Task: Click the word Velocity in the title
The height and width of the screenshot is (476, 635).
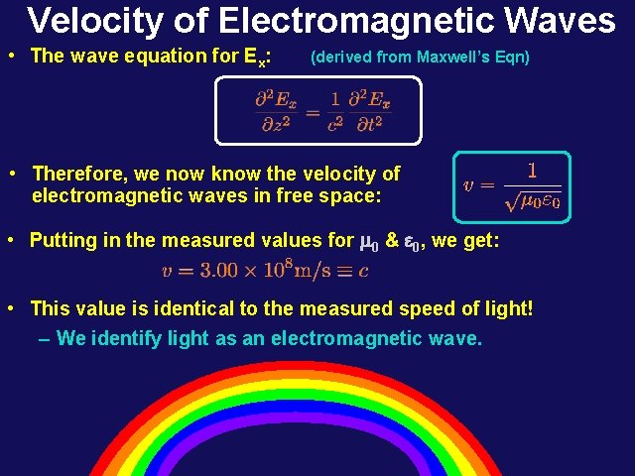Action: [x=87, y=20]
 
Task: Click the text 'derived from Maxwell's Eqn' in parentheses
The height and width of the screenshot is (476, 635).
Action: [x=421, y=57]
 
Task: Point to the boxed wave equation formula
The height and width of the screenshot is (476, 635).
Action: [x=319, y=110]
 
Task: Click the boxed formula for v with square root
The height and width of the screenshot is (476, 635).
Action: [x=512, y=186]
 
